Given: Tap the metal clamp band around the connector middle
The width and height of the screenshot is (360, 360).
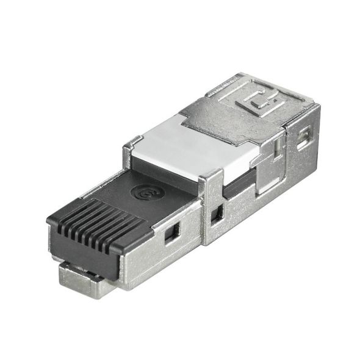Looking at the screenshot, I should tap(211, 207).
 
